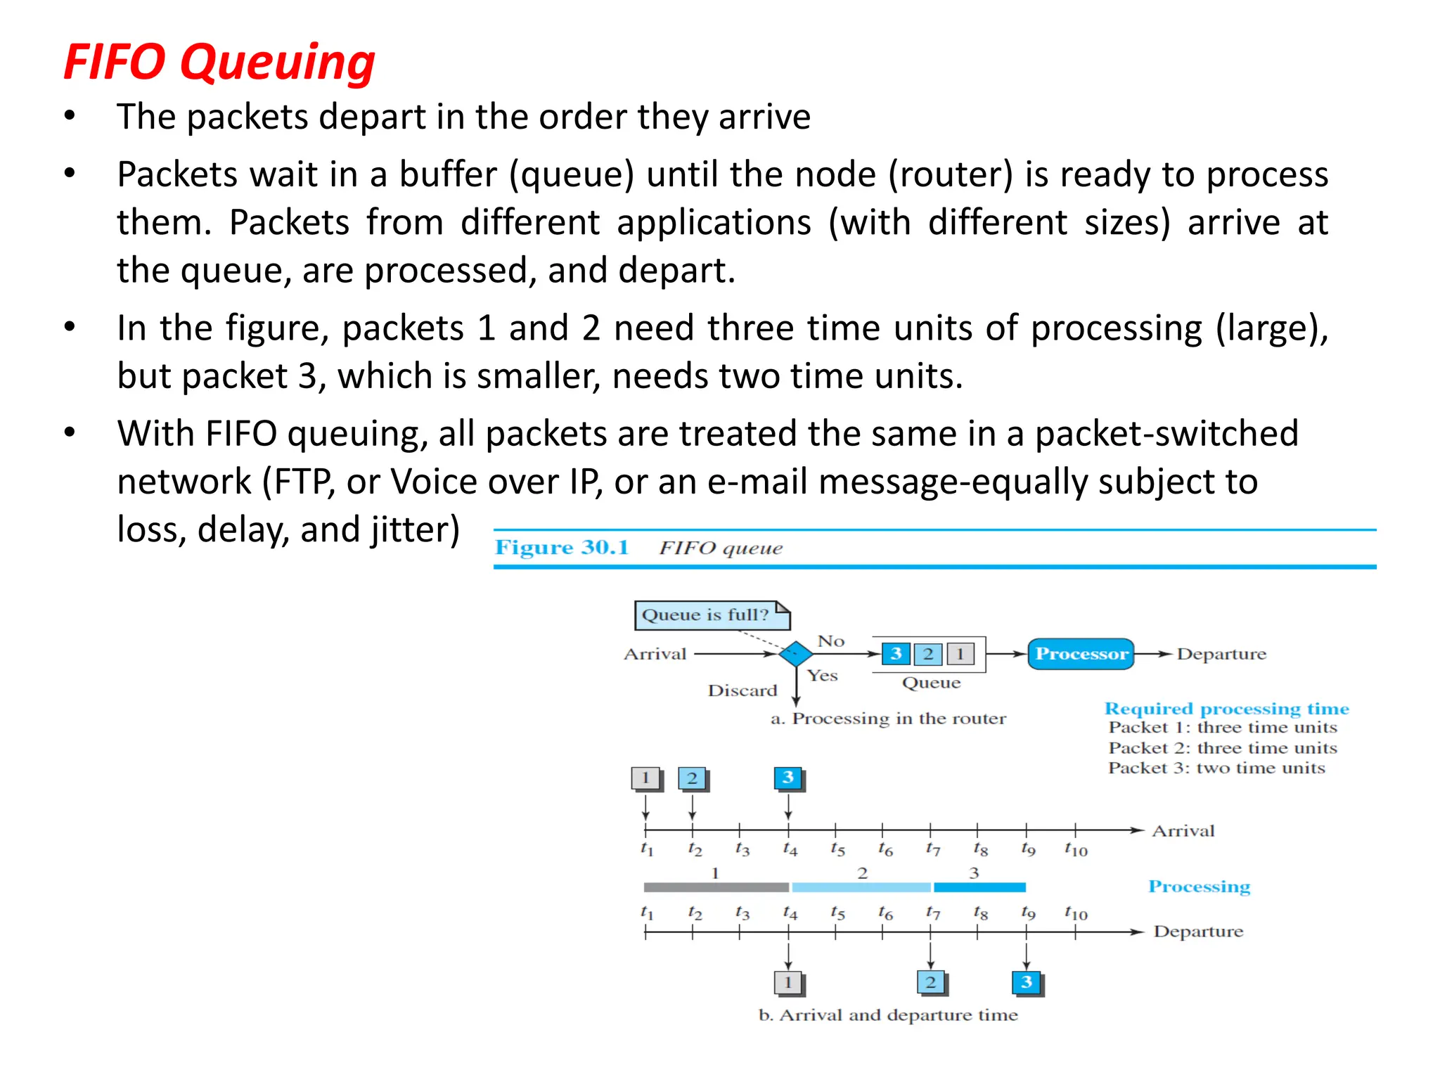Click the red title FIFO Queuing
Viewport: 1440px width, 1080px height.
pos(219,62)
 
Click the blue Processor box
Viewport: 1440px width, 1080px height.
pos(1081,654)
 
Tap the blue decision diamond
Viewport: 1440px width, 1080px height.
pos(796,654)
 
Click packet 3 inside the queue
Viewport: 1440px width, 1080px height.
pos(896,654)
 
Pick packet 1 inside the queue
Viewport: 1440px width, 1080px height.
pos(960,654)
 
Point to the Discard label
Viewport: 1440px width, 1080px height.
pos(742,690)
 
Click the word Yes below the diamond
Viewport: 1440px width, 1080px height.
pos(822,676)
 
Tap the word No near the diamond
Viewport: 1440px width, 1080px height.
pos(830,641)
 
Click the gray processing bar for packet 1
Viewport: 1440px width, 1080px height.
pos(716,887)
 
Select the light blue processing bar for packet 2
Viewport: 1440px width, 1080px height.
pos(861,887)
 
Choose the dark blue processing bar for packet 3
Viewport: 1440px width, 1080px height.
pos(979,887)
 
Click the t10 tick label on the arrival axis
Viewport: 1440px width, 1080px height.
pos(1076,849)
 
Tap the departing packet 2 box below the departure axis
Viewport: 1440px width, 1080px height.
pos(931,982)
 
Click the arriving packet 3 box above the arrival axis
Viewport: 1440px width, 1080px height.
pos(788,778)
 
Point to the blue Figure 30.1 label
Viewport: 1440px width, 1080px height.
pos(562,548)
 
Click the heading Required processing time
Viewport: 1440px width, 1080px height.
pos(1226,709)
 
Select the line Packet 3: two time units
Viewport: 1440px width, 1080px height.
pos(1216,768)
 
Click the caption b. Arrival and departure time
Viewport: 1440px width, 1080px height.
pos(888,1015)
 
